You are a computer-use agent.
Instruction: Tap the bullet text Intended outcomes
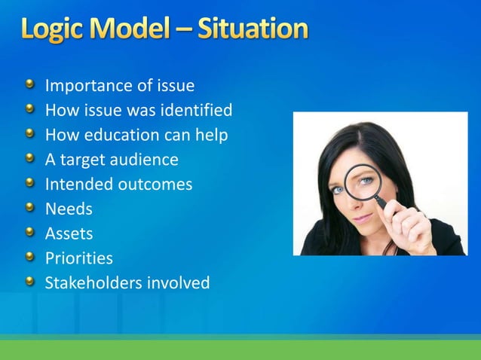click(x=118, y=185)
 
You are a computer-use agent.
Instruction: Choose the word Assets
click(x=69, y=233)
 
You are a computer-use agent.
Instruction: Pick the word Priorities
click(x=79, y=258)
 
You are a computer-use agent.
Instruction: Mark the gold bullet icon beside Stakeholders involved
click(x=29, y=282)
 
